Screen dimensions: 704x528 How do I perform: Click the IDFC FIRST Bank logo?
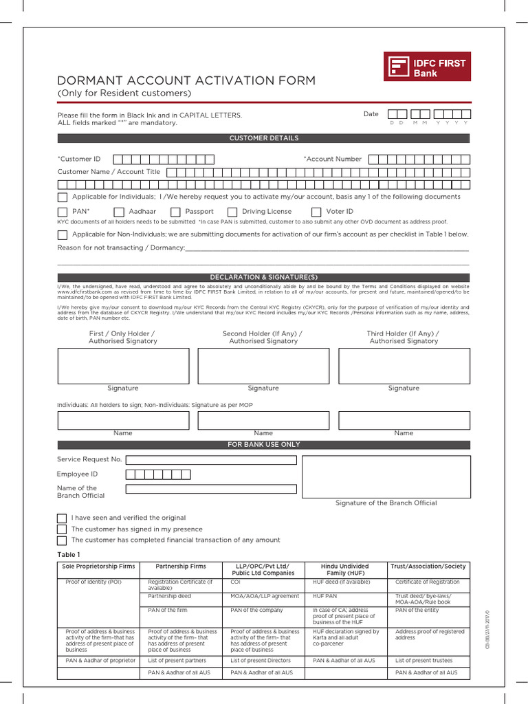click(x=427, y=67)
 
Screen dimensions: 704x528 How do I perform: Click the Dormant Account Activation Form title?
click(x=186, y=80)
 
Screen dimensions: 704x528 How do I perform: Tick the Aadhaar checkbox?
click(x=119, y=212)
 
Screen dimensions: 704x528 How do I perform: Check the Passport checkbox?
click(x=175, y=212)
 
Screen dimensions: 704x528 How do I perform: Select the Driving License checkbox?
click(x=232, y=212)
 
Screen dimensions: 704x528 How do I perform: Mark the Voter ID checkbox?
click(x=316, y=212)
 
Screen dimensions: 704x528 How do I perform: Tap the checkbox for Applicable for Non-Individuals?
click(x=62, y=234)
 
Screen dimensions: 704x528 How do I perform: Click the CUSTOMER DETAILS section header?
click(x=263, y=138)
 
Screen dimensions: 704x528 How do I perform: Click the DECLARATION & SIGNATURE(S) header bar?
click(x=263, y=277)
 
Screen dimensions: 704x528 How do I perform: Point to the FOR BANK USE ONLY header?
click(x=263, y=445)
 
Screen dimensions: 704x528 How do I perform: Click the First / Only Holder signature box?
click(x=123, y=366)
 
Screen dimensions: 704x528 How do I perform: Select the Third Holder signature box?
click(x=404, y=366)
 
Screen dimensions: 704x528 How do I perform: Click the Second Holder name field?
click(x=263, y=420)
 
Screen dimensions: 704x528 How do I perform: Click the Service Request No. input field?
click(x=211, y=460)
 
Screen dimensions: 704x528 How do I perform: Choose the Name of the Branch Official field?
click(x=211, y=489)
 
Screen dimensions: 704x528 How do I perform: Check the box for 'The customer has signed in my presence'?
click(x=62, y=529)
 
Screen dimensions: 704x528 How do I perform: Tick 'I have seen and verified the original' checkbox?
click(x=62, y=518)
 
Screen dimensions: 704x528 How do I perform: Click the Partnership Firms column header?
click(x=181, y=566)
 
